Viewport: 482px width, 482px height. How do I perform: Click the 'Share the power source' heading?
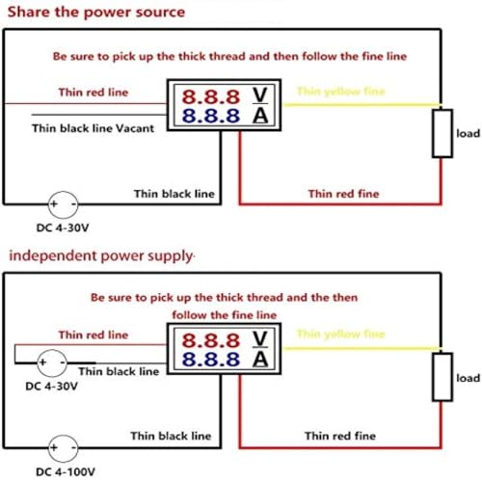96,13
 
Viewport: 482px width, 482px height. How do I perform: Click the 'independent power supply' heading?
101,256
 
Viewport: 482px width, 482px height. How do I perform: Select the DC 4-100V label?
66,471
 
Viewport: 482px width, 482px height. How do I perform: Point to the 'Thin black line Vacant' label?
93,128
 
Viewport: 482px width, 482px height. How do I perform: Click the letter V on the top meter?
259,95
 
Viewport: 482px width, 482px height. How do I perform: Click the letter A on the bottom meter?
260,360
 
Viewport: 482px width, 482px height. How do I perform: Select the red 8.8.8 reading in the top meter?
211,96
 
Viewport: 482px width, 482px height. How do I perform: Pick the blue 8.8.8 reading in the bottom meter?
211,360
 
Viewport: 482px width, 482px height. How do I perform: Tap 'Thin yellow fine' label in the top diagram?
341,92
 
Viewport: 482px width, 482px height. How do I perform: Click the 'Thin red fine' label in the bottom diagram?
340,436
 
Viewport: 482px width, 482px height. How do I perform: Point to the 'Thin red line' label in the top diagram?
94,93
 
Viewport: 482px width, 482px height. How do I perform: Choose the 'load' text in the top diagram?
469,133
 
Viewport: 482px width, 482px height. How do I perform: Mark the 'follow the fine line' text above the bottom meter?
225,315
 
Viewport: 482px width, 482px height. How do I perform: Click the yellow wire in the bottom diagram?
362,348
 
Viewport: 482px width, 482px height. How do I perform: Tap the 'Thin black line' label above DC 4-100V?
171,436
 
